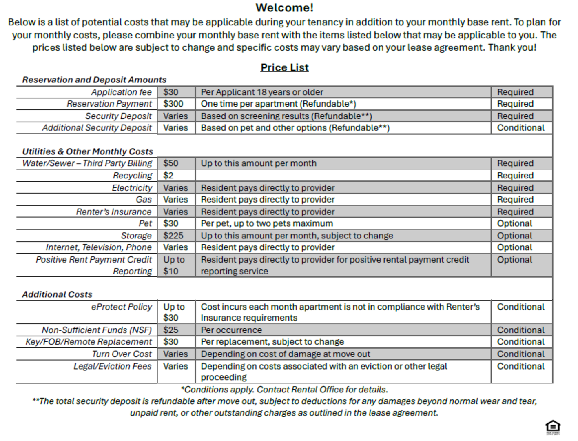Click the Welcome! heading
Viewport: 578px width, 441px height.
point(284,8)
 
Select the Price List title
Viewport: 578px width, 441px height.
point(284,67)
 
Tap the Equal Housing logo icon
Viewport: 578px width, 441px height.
point(553,427)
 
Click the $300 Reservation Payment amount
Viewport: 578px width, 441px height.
point(173,104)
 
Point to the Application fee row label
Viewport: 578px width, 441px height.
point(121,92)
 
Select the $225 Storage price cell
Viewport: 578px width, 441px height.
point(173,236)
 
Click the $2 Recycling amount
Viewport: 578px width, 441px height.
point(168,176)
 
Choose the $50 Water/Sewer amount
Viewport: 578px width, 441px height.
point(171,163)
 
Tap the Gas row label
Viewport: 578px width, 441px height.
point(144,200)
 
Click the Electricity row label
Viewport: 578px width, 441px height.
point(132,188)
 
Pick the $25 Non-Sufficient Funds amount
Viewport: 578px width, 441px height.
point(171,330)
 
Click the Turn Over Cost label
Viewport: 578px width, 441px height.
point(122,354)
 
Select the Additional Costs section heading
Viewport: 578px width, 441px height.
point(57,294)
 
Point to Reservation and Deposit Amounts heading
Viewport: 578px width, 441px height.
point(94,80)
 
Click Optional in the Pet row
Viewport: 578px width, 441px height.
point(514,223)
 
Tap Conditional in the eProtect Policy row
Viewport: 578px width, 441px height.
point(520,307)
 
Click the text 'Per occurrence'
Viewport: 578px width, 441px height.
point(231,330)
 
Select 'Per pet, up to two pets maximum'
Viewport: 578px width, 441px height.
point(267,223)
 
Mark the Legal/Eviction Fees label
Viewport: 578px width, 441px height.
point(112,366)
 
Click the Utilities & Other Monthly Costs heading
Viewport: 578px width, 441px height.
point(87,151)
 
